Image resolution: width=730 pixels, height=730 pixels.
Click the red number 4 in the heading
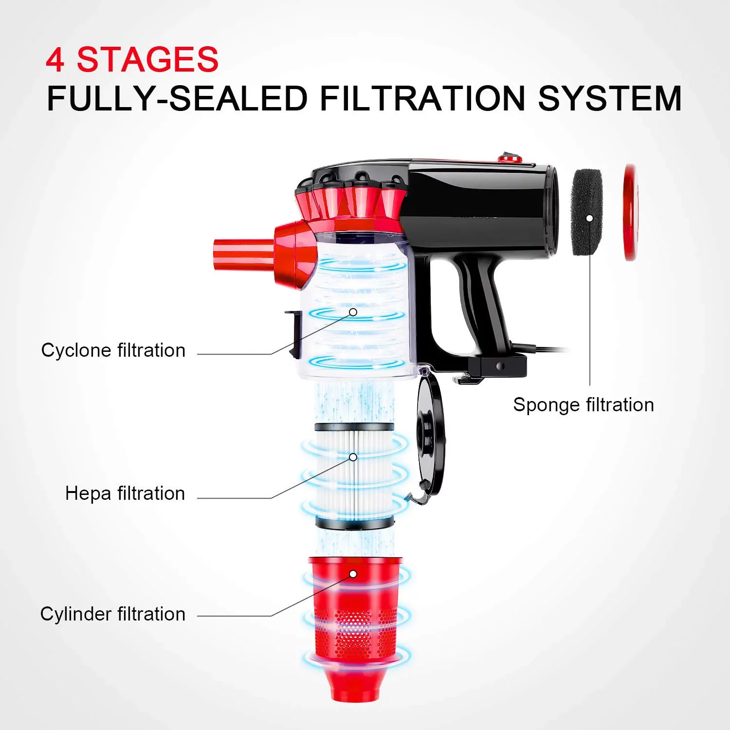55,60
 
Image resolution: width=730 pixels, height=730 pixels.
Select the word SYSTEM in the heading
610,99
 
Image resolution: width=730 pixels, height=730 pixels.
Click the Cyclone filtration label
113,350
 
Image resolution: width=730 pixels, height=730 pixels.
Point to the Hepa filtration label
125,493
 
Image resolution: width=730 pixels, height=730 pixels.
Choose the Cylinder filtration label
113,614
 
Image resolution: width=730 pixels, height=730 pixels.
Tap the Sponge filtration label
584,405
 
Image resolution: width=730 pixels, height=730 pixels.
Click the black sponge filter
587,212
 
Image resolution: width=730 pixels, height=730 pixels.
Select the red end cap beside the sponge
630,212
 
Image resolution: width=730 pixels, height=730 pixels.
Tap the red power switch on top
510,158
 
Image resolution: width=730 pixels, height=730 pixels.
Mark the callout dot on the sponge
589,218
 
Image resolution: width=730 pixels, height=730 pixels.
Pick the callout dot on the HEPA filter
353,457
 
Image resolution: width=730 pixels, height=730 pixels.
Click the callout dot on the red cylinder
353,574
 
